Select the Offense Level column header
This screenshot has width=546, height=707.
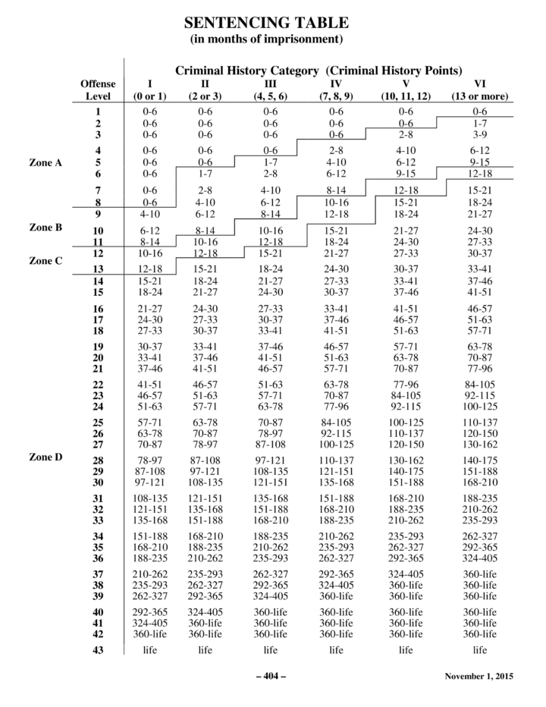[98, 90]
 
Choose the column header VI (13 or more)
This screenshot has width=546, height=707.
[479, 90]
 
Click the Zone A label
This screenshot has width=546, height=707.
[45, 162]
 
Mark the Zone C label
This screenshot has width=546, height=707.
[45, 260]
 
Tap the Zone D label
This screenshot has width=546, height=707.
[45, 457]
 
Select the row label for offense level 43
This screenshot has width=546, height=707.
[98, 649]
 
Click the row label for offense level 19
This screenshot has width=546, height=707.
[98, 346]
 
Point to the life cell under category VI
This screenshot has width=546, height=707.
[479, 649]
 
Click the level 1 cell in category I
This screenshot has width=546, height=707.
[150, 112]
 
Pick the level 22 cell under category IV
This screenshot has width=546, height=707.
[336, 385]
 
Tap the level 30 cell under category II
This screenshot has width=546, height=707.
[206, 483]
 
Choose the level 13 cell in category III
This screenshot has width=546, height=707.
[271, 269]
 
